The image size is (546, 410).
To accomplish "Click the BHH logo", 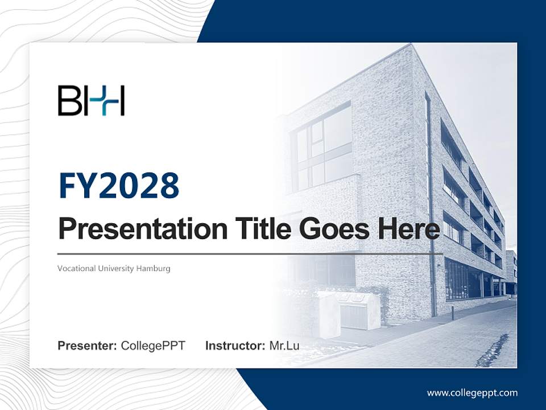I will point(91,101).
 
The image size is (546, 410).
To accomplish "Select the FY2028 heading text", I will point(119,186).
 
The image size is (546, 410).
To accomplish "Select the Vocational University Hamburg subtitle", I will point(114,268).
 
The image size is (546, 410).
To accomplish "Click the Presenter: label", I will point(88,346).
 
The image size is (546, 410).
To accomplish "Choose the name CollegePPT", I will point(153,346).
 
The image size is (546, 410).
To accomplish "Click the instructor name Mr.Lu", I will point(284,346).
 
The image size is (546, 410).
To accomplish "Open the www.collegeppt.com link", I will point(472,393).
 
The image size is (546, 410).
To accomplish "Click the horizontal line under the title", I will point(250,254).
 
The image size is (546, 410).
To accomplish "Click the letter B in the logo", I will point(67,101).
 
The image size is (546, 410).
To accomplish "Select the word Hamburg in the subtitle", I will point(153,268).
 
